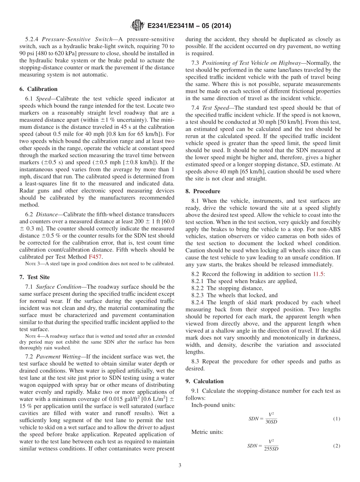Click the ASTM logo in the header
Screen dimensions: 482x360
point(137,25)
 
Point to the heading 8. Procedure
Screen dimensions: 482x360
point(203,191)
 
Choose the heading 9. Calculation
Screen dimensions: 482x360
point(204,381)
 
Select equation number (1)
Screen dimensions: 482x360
point(337,419)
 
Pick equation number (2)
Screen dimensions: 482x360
point(337,446)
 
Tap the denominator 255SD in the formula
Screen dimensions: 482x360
point(271,449)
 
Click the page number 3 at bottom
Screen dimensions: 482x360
point(180,465)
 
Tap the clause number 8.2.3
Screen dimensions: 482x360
point(199,295)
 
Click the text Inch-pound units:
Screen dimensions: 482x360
point(213,405)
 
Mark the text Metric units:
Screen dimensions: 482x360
point(207,432)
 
